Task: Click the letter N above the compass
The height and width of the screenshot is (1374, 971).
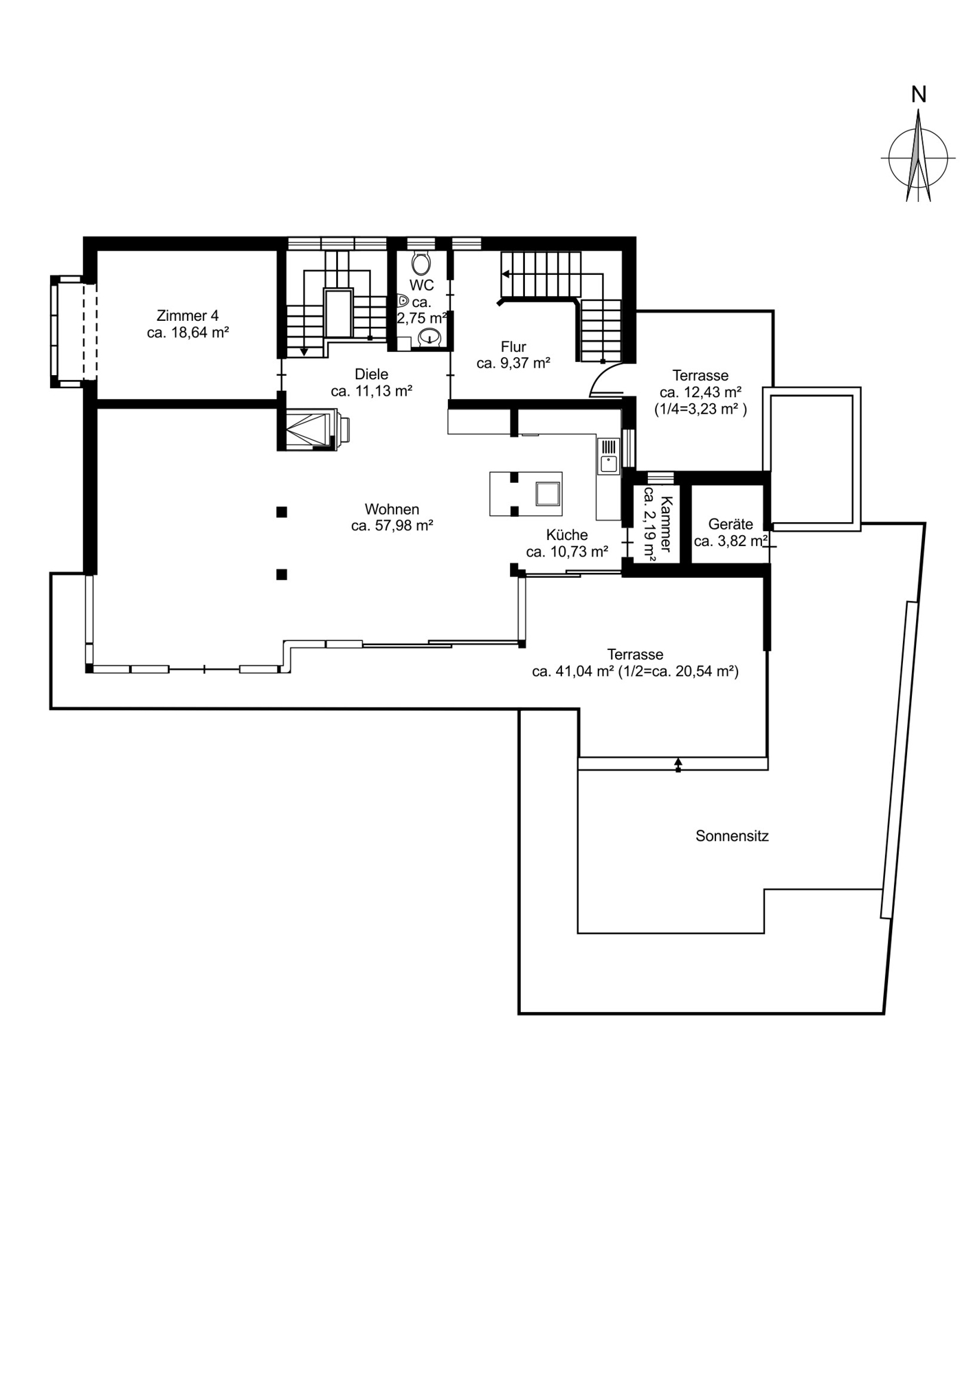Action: [x=918, y=94]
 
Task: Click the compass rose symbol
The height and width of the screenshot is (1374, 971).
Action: [x=918, y=157]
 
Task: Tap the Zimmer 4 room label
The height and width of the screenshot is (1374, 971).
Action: [x=188, y=316]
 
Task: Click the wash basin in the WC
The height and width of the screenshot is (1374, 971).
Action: [x=429, y=337]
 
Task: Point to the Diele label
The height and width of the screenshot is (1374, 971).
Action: [x=371, y=374]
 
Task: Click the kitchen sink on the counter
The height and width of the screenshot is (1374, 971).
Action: [x=609, y=464]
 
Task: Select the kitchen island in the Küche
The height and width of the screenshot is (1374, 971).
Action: [x=526, y=493]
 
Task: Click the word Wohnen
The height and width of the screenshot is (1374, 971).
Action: [x=392, y=510]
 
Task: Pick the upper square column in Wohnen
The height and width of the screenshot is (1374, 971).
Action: [x=281, y=512]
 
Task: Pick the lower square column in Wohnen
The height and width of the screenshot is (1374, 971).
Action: [x=281, y=574]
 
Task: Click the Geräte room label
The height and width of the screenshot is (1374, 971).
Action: [x=730, y=525]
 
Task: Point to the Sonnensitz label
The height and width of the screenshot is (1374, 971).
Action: [x=732, y=836]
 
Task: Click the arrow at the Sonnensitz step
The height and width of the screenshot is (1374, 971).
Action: [x=678, y=764]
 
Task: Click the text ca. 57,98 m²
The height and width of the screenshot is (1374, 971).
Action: [x=392, y=526]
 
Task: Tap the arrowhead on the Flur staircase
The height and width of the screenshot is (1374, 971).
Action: [x=506, y=274]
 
